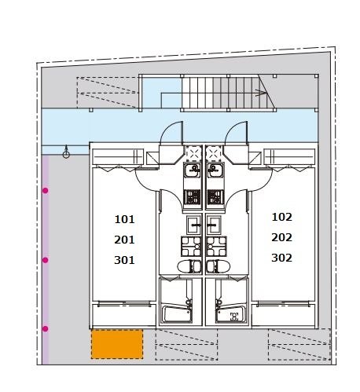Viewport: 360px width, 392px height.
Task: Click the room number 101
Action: [124, 219]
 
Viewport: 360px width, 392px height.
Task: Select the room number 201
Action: [124, 240]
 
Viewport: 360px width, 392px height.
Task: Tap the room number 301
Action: [124, 260]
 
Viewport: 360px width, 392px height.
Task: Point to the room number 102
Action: [281, 217]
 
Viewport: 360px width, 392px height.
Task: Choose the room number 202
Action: [281, 237]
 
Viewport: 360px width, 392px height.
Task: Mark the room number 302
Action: [281, 258]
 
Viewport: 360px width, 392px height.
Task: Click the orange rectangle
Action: [117, 344]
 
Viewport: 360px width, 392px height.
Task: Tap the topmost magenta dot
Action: [46, 190]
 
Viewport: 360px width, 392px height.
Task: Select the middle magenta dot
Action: [46, 260]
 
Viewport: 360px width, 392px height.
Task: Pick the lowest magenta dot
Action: [46, 328]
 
